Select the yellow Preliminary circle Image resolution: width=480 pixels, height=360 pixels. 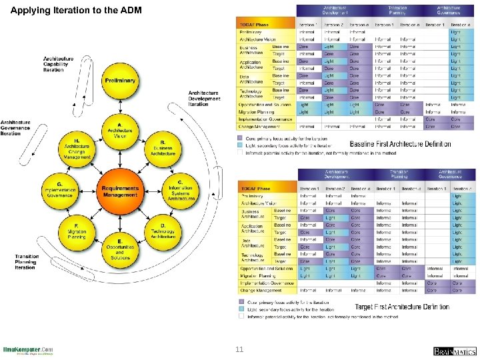[119, 81]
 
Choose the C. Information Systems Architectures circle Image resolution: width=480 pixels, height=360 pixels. [180, 191]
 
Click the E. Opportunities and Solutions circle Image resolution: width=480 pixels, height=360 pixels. [119, 248]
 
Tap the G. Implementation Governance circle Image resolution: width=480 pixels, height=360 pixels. [59, 191]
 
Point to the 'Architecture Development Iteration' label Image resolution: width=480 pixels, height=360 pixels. [204, 98]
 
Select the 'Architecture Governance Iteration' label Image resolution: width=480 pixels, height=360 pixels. [15, 128]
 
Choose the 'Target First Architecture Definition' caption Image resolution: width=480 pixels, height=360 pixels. [402, 307]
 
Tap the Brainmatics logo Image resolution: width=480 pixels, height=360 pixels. [455, 351]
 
